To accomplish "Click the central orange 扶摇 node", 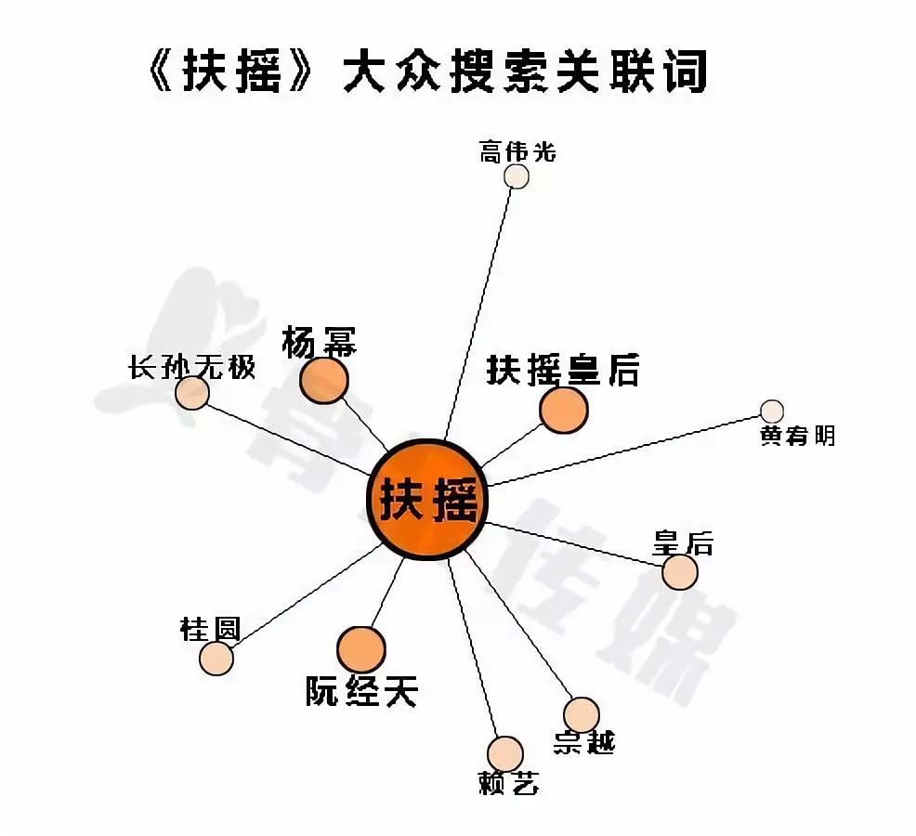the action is pyautogui.click(x=427, y=500).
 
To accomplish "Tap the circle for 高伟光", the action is pyautogui.click(x=517, y=176).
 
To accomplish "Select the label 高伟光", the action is pyautogui.click(x=517, y=150).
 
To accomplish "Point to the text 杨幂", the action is pyautogui.click(x=319, y=344).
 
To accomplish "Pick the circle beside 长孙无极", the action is pyautogui.click(x=192, y=393).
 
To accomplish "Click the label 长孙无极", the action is pyautogui.click(x=191, y=368).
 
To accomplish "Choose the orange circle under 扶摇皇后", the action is pyautogui.click(x=564, y=410).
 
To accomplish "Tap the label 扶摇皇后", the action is pyautogui.click(x=563, y=371).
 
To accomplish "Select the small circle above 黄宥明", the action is pyautogui.click(x=772, y=411).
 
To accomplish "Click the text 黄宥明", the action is pyautogui.click(x=797, y=435).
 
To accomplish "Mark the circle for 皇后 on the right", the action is pyautogui.click(x=680, y=572).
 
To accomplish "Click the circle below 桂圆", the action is pyautogui.click(x=216, y=659).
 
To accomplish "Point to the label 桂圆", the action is pyautogui.click(x=210, y=630).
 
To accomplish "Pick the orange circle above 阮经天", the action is pyautogui.click(x=360, y=649).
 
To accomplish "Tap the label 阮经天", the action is pyautogui.click(x=362, y=691).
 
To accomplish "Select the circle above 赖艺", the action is pyautogui.click(x=505, y=754).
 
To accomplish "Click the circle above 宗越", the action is pyautogui.click(x=582, y=714).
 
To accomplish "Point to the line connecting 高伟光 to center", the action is pyautogui.click(x=481, y=307).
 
